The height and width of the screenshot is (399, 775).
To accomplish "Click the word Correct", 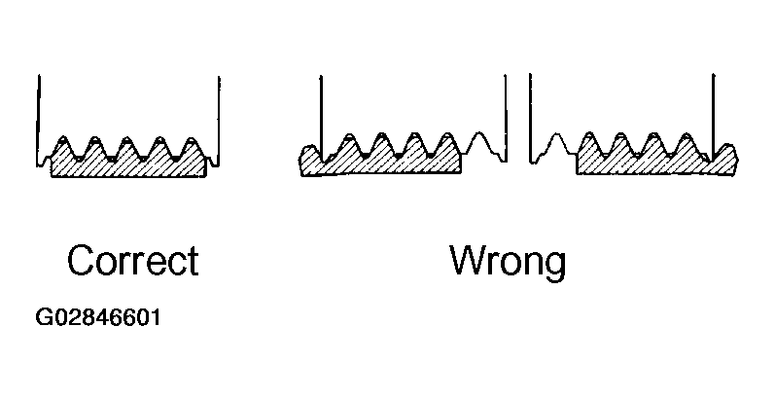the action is [132, 262].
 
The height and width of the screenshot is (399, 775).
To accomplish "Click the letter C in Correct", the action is [81, 262].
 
